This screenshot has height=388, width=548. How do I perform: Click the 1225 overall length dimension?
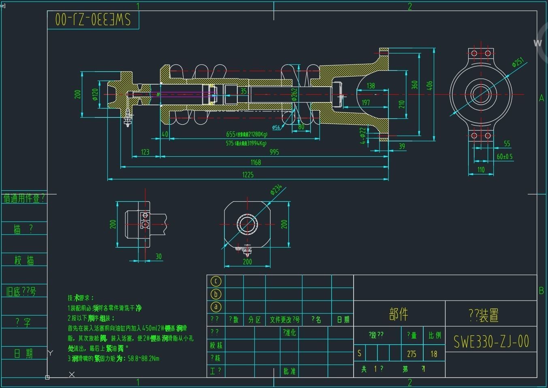tap(247, 175)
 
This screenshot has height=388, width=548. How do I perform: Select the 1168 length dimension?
tap(256, 162)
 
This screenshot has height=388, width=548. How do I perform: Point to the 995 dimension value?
tap(274, 152)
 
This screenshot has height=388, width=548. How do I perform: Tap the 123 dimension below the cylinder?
tap(145, 152)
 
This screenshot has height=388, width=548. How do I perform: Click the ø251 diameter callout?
tap(518, 62)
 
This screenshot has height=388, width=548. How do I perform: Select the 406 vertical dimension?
tap(430, 85)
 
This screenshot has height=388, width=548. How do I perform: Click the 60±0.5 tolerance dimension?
tap(504, 156)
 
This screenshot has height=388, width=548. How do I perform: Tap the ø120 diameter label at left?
tap(95, 94)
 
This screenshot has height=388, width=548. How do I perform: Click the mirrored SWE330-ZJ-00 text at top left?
tap(93, 19)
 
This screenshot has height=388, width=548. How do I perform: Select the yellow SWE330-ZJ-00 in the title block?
tap(491, 341)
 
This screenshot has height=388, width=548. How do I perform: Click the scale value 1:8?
tap(434, 354)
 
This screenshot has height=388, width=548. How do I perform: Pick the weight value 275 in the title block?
tap(412, 354)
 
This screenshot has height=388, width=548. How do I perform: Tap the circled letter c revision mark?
tap(216, 281)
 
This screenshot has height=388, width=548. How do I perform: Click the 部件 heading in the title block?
tap(398, 314)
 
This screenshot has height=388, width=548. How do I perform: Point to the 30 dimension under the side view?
tap(158, 256)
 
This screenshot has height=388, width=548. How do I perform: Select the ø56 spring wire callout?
tap(276, 127)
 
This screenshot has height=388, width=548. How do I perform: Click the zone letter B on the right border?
tap(541, 290)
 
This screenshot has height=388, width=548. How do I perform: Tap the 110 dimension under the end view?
tap(481, 170)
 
